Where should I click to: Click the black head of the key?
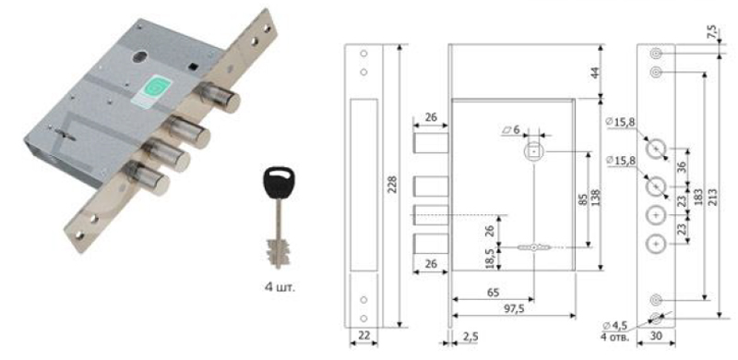(279, 182)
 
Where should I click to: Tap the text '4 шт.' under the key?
(280, 286)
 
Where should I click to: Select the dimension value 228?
(391, 185)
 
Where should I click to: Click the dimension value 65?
(493, 291)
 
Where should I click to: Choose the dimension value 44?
(595, 73)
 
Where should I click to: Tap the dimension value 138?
(595, 198)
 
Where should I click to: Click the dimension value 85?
(582, 199)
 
